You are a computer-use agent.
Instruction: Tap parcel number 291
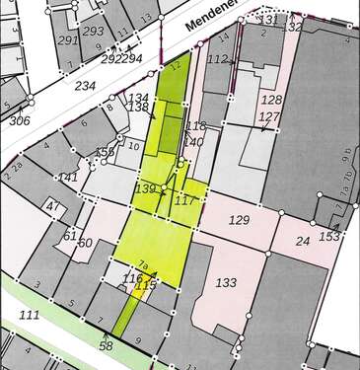pyautogui.click(x=68, y=40)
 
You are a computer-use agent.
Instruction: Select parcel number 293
pyautogui.click(x=94, y=31)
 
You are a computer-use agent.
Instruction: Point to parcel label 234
pyautogui.click(x=85, y=87)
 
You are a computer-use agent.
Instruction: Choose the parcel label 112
pyautogui.click(x=217, y=59)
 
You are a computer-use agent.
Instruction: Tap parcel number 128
pyautogui.click(x=271, y=100)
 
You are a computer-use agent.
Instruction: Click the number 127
pyautogui.click(x=269, y=116)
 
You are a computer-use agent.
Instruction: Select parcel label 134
pyautogui.click(x=139, y=96)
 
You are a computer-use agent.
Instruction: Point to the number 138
pyautogui.click(x=139, y=107)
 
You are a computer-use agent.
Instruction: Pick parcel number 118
pyautogui.click(x=195, y=126)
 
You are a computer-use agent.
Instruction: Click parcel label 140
pyautogui.click(x=193, y=142)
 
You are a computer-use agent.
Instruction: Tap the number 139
pyautogui.click(x=145, y=188)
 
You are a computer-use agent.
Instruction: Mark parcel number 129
pyautogui.click(x=239, y=218)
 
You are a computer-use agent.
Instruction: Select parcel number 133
pyautogui.click(x=226, y=283)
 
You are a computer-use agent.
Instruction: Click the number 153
pyautogui.click(x=329, y=236)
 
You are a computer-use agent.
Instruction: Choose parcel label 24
pyautogui.click(x=303, y=240)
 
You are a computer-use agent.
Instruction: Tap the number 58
pyautogui.click(x=106, y=346)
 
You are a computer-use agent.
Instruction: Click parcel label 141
pyautogui.click(x=69, y=178)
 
